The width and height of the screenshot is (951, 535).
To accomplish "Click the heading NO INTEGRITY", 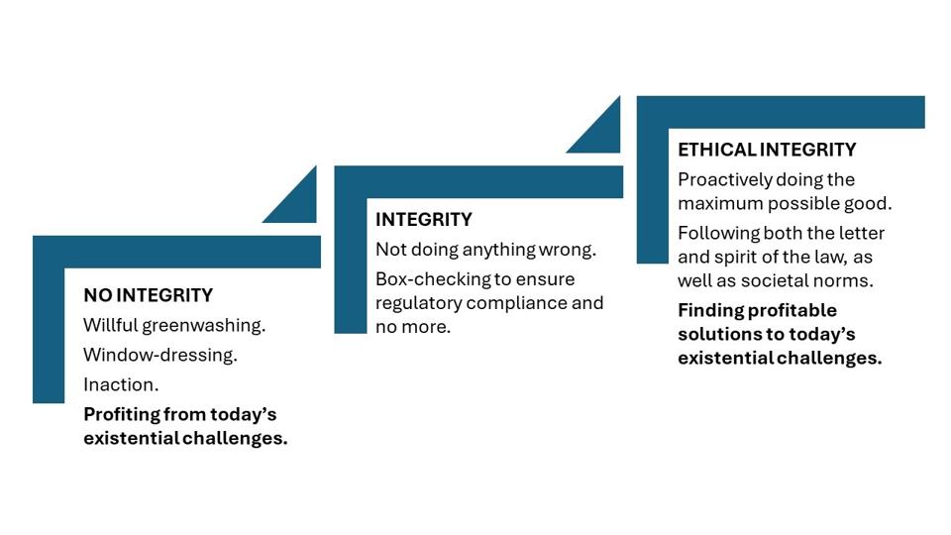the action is pos(149,295).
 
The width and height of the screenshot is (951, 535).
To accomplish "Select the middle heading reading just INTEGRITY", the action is pos(423,219).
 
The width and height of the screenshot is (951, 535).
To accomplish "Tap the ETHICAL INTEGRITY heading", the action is pos(767,150).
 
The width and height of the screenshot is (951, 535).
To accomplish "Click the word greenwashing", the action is pos(204,326).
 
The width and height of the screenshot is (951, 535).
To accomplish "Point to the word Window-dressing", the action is pos(160,355).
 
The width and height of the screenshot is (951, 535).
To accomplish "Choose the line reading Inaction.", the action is pos(121,384).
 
